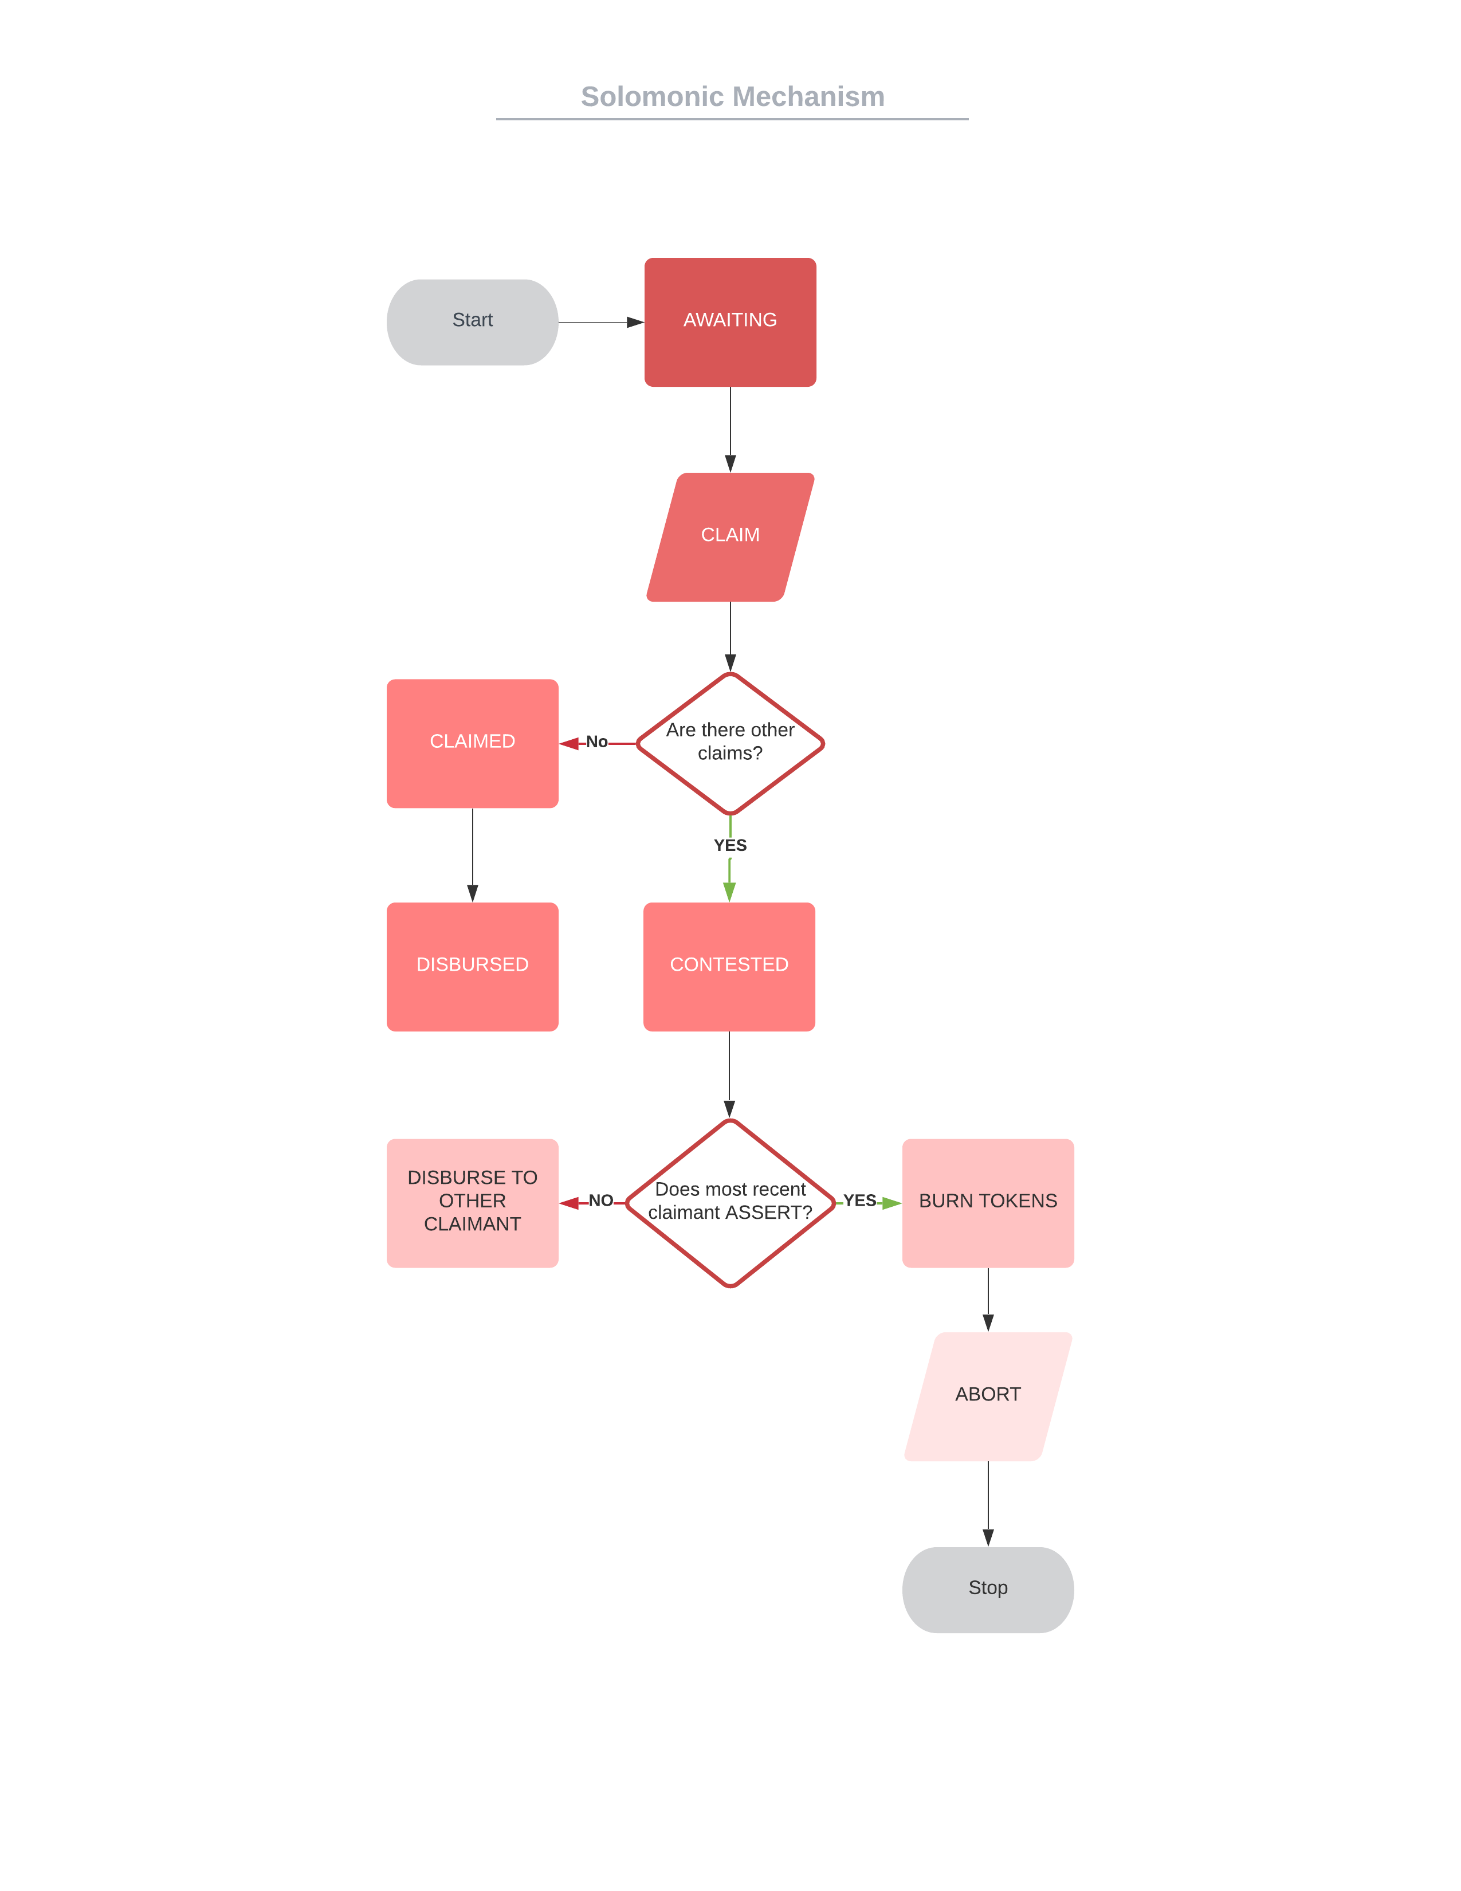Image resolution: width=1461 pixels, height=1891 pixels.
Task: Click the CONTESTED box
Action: [x=729, y=966]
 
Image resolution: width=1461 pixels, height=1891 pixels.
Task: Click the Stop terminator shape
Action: [x=988, y=1589]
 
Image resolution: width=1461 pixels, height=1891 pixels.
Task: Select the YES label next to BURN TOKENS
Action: [x=859, y=1200]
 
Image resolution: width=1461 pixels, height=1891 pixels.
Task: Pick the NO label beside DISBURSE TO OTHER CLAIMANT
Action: [x=600, y=1200]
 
